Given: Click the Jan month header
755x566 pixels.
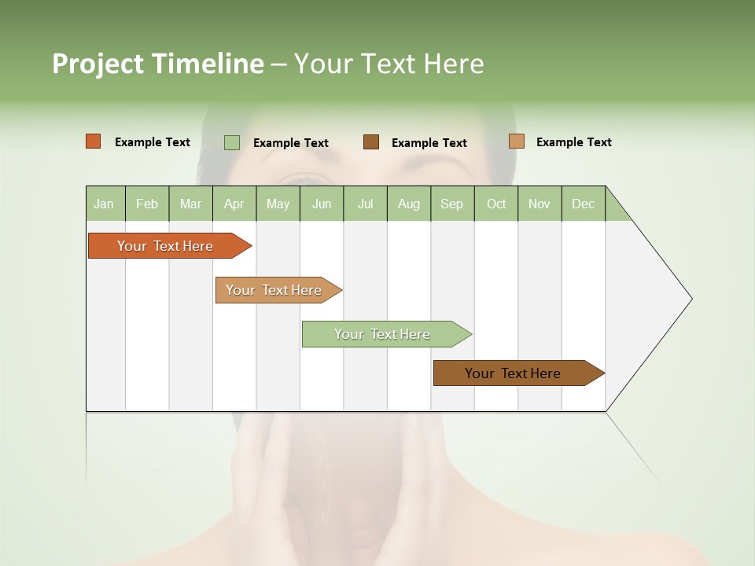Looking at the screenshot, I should (x=104, y=204).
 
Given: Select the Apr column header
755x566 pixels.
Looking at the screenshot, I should (x=234, y=204).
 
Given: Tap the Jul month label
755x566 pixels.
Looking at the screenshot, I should (x=365, y=204).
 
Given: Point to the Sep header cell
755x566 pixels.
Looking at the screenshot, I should (x=451, y=204).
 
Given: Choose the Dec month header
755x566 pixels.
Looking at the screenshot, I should (x=583, y=204).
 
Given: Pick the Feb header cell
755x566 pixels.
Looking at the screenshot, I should (x=147, y=204).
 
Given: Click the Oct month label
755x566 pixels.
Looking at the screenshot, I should (x=496, y=204).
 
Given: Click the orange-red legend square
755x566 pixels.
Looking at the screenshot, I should (x=93, y=141).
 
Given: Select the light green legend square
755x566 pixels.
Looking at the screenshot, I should (x=232, y=142).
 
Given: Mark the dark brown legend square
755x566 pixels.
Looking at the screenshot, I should (x=371, y=142).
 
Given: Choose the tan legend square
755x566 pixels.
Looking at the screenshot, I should (x=516, y=141).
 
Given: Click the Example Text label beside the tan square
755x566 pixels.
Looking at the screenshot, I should (x=573, y=142).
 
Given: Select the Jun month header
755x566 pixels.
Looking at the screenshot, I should (x=322, y=204).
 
